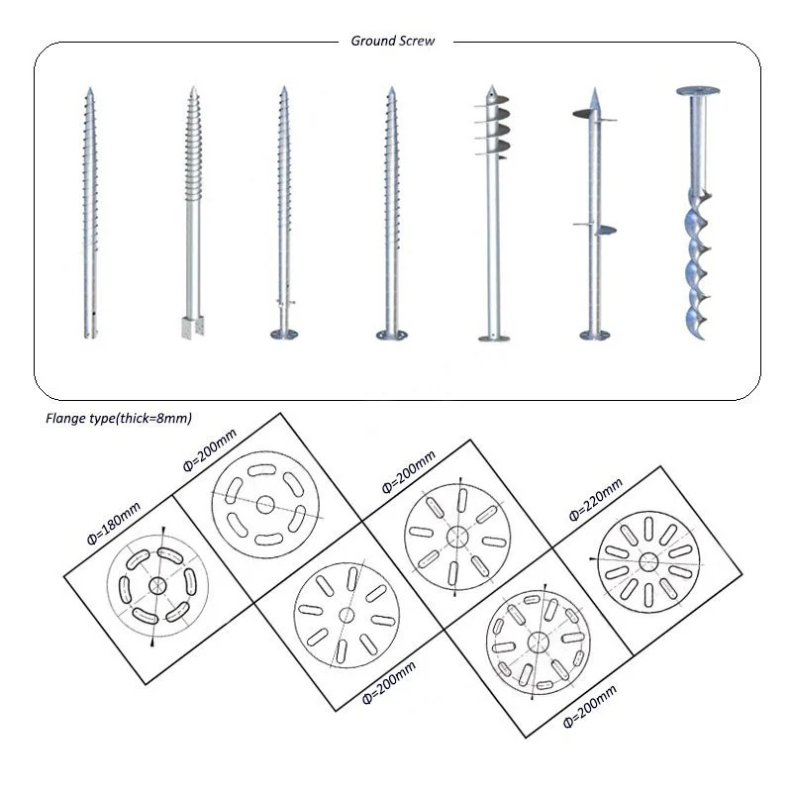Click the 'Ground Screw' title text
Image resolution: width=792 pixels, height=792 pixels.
393,41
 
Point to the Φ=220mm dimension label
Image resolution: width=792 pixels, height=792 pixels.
595,499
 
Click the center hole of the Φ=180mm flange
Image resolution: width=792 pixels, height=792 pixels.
157,586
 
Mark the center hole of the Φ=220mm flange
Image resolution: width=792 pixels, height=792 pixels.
648,561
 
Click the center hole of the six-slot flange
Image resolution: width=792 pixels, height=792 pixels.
265,504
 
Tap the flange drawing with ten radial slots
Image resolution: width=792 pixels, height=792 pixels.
648,561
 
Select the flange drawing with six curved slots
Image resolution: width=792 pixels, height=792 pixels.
265,504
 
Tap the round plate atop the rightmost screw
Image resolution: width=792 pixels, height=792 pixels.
698,91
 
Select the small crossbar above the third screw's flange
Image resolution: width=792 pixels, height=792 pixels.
285,302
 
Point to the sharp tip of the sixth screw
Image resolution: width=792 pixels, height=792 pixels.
595,91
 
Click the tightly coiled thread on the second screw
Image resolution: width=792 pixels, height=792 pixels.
193,148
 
